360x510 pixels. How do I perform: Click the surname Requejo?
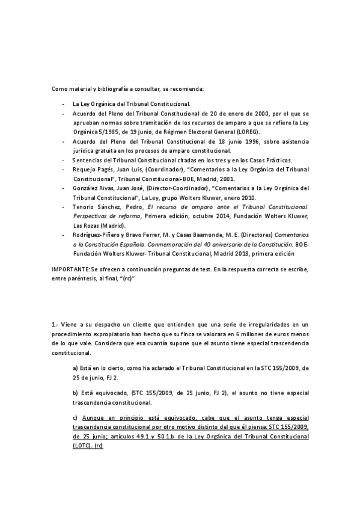85,170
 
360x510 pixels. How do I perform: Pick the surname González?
87,188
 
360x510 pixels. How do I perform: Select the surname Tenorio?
84,206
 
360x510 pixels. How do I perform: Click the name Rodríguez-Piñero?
98,234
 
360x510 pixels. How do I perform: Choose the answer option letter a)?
75,367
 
